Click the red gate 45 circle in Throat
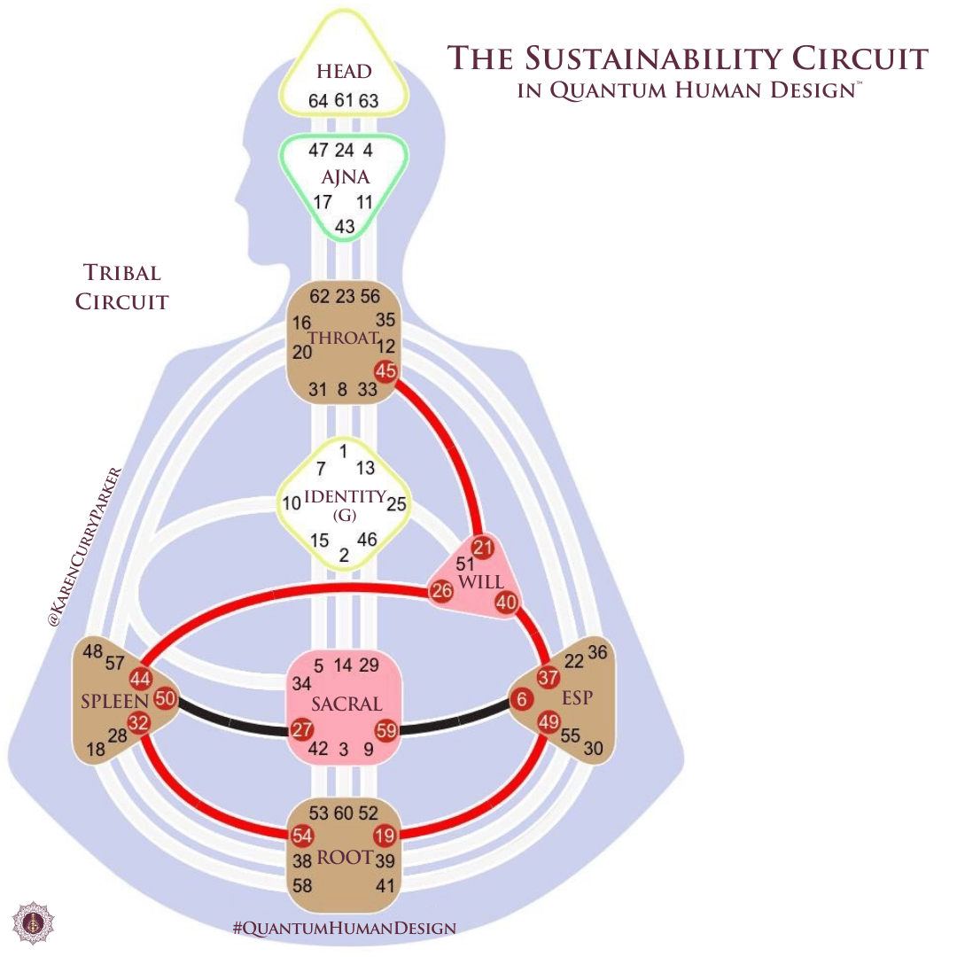[385, 371]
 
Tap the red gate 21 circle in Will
[482, 548]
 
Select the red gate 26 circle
[441, 592]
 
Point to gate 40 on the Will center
[506, 603]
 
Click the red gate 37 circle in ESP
[549, 677]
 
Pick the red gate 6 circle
[523, 700]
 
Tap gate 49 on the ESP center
[549, 722]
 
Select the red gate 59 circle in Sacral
[386, 731]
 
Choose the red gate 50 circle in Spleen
[165, 698]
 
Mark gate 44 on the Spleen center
[140, 679]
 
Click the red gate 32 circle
[139, 722]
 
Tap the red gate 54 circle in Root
[302, 835]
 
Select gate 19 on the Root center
[384, 835]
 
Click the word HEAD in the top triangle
[344, 72]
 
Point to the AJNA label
[344, 177]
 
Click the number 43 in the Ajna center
[344, 227]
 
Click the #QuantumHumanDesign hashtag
[345, 929]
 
